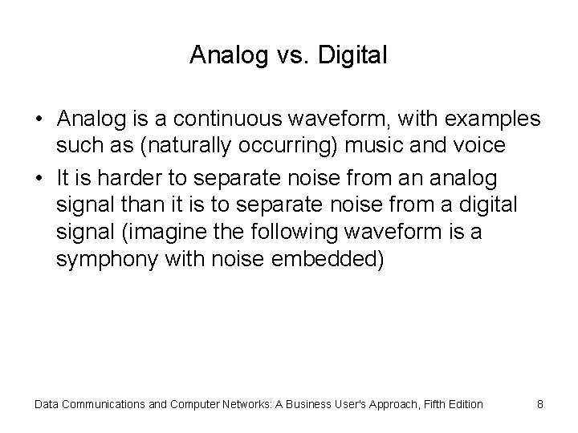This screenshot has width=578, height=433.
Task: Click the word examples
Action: coord(490,119)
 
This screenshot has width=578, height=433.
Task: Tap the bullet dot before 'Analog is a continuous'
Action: coord(39,119)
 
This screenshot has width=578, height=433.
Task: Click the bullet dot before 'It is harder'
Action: coord(39,177)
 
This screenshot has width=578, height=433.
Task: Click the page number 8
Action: coord(540,404)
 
